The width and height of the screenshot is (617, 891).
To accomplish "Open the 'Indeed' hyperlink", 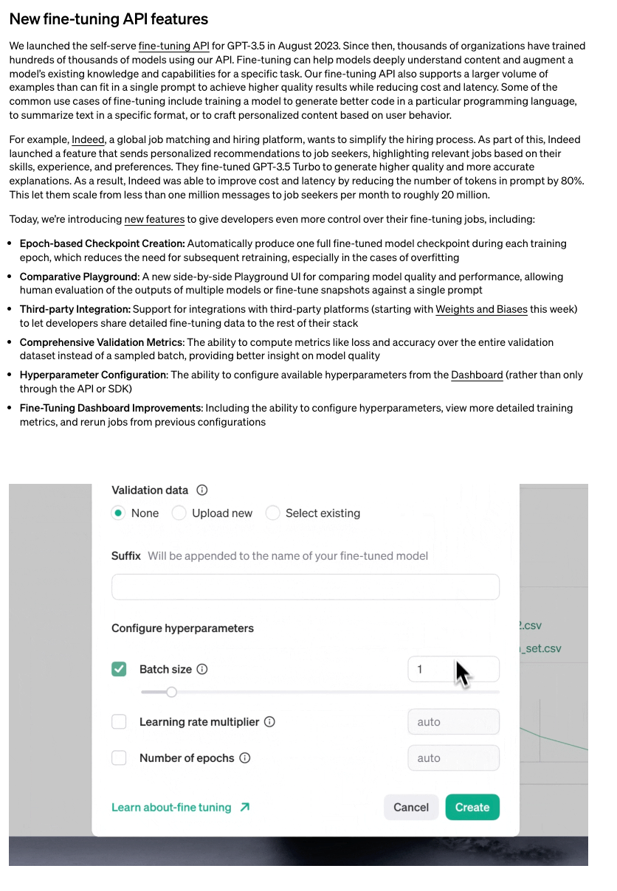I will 88,139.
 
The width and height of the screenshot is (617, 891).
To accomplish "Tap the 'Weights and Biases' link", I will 481,309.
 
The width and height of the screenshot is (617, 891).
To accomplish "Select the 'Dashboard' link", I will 477,375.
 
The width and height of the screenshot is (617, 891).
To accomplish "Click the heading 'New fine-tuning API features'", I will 108,19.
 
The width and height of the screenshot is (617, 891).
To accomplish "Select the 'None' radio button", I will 118,513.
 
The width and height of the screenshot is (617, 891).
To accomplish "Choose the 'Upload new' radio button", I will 179,513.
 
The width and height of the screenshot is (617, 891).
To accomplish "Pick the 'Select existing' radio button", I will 273,513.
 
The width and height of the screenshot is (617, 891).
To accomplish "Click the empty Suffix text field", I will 305,587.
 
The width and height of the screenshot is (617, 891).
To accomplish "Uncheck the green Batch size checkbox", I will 119,669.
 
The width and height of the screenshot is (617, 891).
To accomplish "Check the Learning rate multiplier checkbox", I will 119,722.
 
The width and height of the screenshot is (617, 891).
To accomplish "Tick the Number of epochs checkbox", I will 119,757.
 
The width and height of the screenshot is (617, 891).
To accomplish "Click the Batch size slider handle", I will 171,692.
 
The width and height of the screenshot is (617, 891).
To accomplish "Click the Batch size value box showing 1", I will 452,669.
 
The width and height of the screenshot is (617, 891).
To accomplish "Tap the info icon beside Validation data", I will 202,490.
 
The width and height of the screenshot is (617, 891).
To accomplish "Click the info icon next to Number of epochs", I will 245,757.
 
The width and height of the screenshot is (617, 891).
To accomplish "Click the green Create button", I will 472,807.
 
